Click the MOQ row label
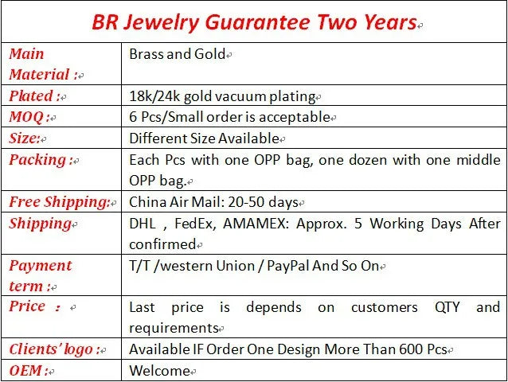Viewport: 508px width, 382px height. tap(28, 117)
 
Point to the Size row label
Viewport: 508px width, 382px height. tap(25, 138)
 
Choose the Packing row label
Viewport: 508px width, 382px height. tap(37, 159)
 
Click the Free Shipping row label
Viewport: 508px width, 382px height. tap(59, 201)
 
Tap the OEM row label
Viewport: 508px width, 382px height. tap(26, 370)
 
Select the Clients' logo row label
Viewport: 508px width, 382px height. tap(53, 349)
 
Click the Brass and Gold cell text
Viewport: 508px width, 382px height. tap(176, 54)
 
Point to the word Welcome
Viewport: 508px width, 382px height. tap(159, 370)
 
